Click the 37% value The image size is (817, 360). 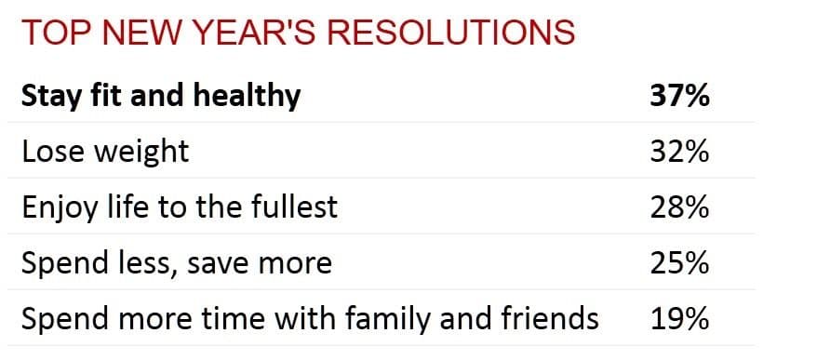(679, 96)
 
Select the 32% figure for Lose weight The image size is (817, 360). (679, 151)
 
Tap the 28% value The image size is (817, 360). (679, 207)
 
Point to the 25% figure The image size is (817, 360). (679, 262)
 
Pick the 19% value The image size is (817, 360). (679, 318)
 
